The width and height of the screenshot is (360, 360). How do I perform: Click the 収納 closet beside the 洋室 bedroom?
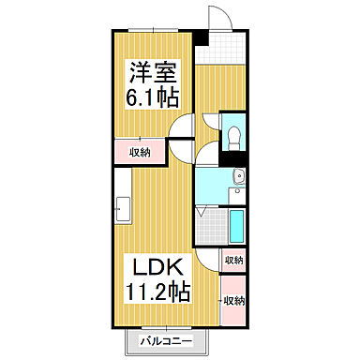coord(139,150)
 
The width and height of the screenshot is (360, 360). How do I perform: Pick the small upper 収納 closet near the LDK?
coord(233,260)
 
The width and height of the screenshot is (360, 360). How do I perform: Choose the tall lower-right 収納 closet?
coord(233,300)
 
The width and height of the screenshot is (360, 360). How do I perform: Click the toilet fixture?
coord(231,133)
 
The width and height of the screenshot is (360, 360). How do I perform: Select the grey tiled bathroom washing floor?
coord(213,227)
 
